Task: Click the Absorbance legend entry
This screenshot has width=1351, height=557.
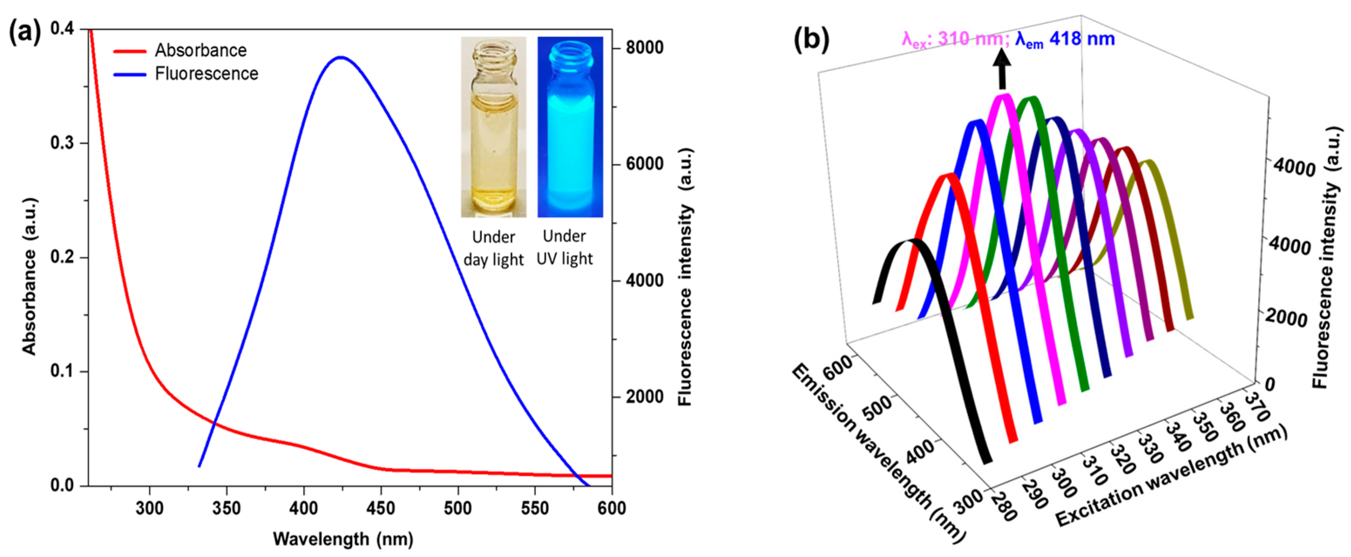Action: pyautogui.click(x=200, y=50)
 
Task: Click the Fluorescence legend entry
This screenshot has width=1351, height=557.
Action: pyautogui.click(x=206, y=74)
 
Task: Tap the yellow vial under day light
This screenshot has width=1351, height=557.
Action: pyautogui.click(x=493, y=131)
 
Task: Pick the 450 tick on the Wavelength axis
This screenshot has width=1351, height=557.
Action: pyautogui.click(x=381, y=508)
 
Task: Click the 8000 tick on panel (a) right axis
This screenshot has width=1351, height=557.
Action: pyautogui.click(x=644, y=48)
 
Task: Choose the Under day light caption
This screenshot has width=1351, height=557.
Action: pyautogui.click(x=493, y=248)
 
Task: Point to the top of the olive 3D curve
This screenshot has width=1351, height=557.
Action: pyautogui.click(x=1145, y=163)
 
